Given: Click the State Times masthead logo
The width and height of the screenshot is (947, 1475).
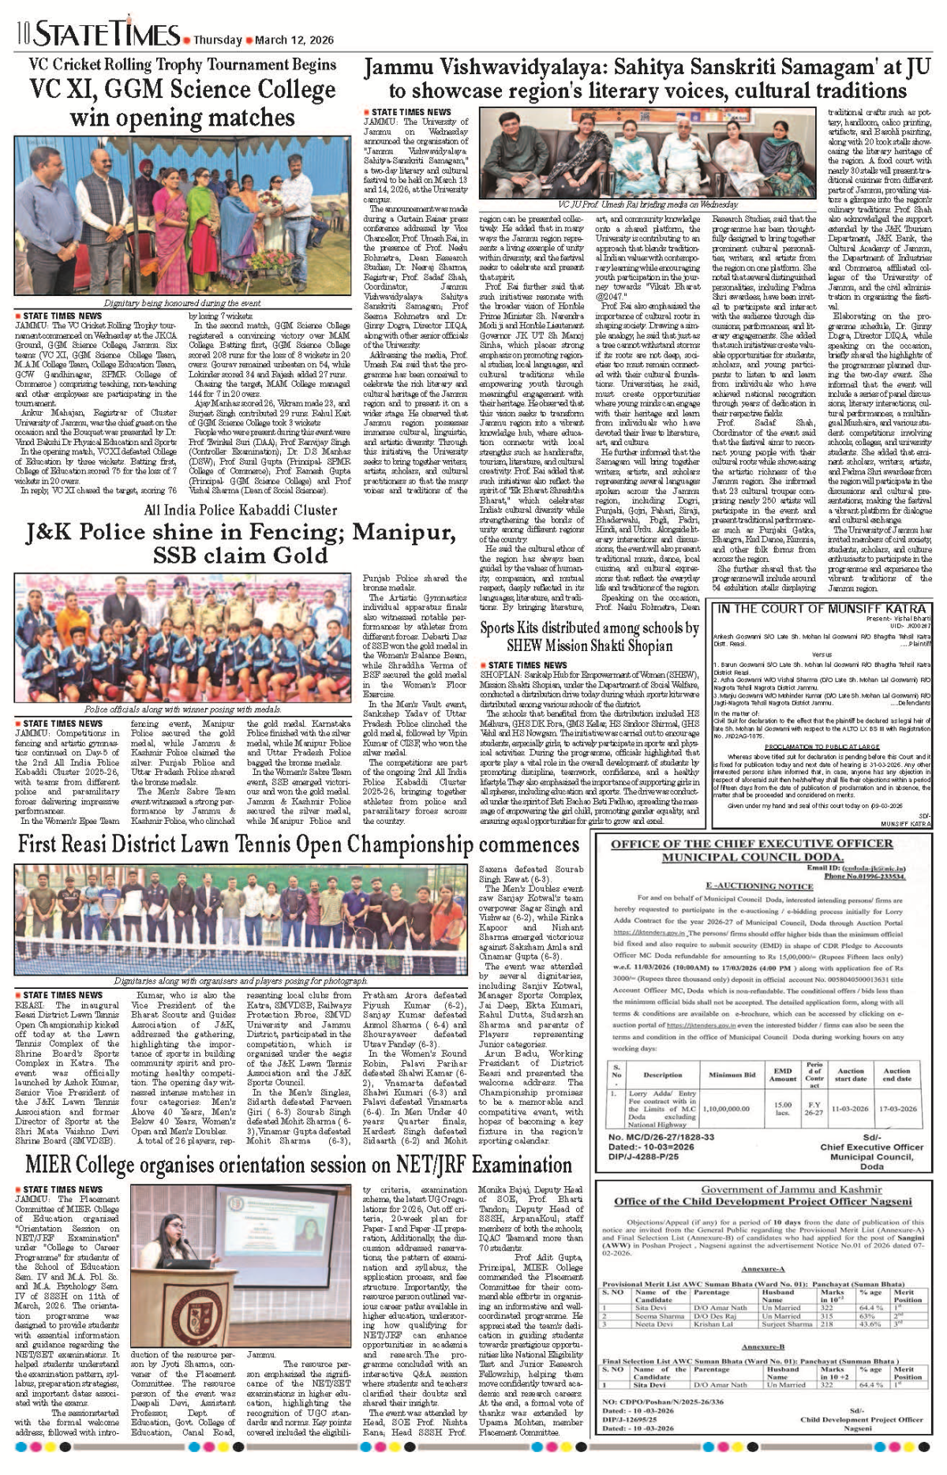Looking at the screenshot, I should (x=107, y=35).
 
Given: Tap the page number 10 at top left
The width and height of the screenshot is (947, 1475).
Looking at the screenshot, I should (x=22, y=35).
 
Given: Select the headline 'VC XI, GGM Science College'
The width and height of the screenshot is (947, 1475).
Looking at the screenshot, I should (x=182, y=90).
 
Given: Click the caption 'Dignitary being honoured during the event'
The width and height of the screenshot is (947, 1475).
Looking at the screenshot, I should (x=182, y=303).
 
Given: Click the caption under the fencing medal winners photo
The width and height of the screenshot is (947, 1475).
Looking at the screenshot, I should (x=182, y=709).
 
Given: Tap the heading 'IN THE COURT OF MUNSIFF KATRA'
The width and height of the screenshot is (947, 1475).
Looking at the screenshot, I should (x=821, y=608).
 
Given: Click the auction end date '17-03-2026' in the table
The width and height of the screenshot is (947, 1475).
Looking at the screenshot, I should (x=897, y=1108).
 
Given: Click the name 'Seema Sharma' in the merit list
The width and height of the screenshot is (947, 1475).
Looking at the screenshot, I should (x=660, y=1316).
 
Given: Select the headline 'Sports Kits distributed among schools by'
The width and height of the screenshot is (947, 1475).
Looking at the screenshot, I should (x=590, y=628).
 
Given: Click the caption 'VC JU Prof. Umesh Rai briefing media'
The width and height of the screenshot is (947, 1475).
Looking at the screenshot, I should (x=648, y=204).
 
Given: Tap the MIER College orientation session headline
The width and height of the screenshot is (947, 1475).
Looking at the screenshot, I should (x=298, y=1166).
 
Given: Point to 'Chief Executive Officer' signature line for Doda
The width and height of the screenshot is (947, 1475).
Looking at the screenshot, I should (x=871, y=1147).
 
